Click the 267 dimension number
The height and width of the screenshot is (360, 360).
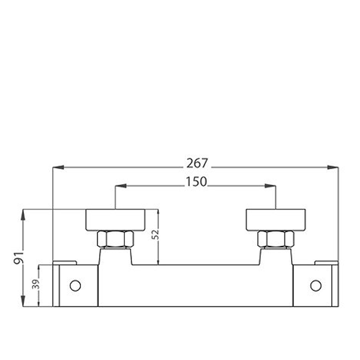coord(197,163)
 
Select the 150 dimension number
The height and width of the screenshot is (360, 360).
coord(196,182)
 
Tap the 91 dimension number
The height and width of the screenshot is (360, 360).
coord(19,257)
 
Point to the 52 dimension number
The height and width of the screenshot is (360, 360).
coord(155,234)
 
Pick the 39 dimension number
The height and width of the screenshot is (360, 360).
coord(36,284)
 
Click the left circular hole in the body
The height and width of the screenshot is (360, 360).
coord(75,286)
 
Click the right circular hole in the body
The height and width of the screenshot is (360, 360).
coord(316,286)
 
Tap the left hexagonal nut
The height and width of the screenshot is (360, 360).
coord(115,239)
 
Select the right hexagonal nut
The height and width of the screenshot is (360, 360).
coord(275,239)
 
